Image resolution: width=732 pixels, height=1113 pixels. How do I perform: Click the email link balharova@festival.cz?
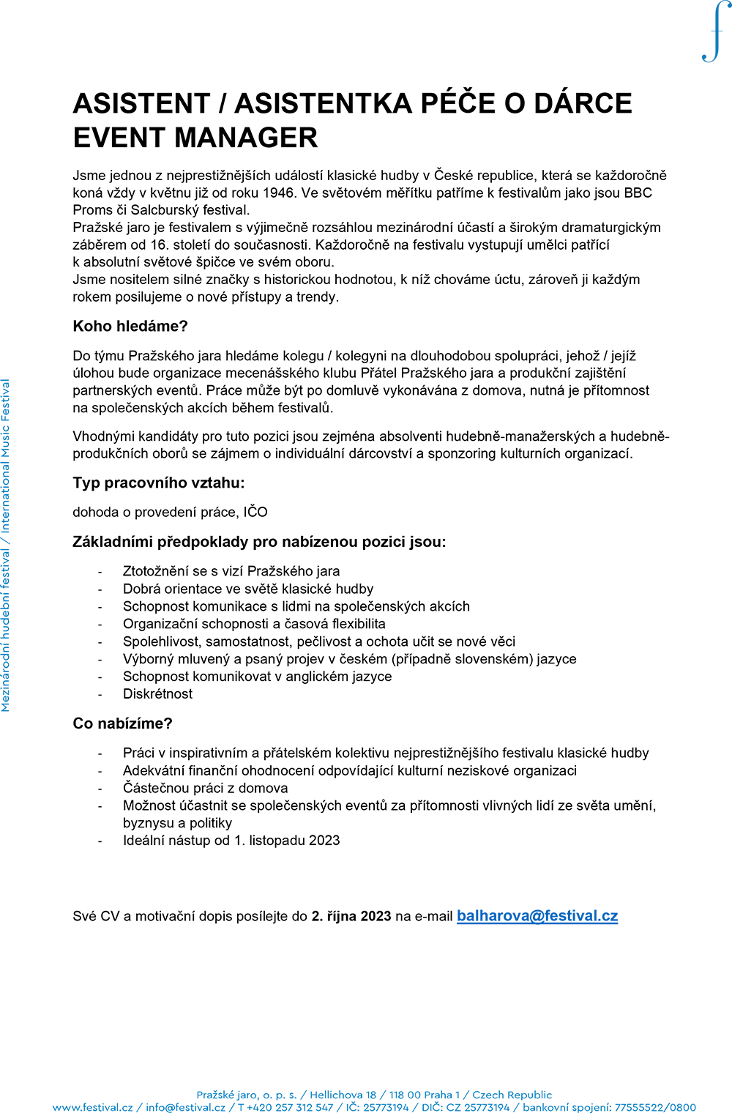[537, 916]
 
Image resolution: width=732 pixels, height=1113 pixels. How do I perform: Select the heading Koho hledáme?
[130, 327]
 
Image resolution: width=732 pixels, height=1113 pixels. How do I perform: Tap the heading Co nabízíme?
[122, 723]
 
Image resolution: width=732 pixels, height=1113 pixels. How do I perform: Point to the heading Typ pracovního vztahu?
[158, 483]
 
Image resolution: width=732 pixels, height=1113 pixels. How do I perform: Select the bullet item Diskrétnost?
[157, 694]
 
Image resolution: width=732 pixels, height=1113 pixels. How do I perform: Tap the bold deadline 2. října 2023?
[351, 917]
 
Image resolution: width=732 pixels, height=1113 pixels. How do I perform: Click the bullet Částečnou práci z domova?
[205, 789]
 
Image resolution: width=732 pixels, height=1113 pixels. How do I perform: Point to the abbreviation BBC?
[638, 193]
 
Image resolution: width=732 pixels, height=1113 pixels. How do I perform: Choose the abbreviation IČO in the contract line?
[255, 513]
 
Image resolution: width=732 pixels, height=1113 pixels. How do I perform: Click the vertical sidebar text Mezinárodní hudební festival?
[6, 630]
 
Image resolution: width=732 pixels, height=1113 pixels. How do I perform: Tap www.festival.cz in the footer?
[92, 1107]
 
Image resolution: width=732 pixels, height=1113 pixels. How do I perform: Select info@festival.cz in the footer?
[185, 1107]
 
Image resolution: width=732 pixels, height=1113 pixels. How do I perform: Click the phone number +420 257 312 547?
[290, 1107]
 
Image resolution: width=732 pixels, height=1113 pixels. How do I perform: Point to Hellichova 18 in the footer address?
[343, 1095]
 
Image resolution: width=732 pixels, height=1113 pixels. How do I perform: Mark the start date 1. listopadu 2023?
[287, 841]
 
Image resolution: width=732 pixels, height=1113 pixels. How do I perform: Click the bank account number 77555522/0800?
[655, 1107]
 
